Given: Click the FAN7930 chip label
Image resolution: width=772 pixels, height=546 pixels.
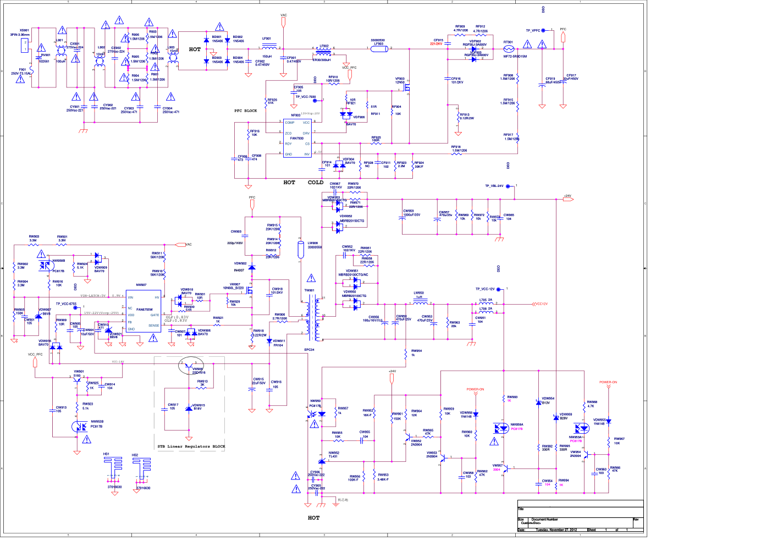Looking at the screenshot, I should tap(297, 139).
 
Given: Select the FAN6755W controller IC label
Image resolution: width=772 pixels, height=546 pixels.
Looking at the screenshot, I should tap(145, 310).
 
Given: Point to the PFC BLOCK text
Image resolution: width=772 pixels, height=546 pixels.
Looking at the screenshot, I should tap(246, 111).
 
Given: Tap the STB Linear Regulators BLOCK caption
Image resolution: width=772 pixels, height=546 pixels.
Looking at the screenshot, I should tap(191, 446).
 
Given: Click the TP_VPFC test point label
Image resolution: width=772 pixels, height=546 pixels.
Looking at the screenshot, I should tap(533, 31).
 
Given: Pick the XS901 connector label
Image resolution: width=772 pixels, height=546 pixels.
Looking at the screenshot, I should tap(24, 31).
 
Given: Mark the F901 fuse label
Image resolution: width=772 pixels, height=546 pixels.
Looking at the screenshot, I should tap(23, 70).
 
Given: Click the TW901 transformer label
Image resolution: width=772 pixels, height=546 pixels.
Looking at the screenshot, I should tap(310, 290).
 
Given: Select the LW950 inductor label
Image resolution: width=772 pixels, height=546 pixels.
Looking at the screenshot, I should tap(419, 293).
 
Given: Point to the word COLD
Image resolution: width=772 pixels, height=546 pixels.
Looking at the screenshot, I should tap(316, 183).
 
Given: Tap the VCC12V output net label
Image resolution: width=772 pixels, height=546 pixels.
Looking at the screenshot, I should tap(541, 304).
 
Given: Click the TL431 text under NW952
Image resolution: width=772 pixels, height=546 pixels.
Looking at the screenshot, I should tap(333, 456).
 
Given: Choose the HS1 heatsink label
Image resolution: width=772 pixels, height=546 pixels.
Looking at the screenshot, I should tap(107, 454).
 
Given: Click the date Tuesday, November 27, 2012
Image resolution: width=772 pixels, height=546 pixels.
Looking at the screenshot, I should tap(556, 530).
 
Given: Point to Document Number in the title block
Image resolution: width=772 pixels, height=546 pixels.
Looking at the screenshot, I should tap(545, 519).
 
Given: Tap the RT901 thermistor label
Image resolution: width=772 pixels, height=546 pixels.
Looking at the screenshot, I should tap(508, 42).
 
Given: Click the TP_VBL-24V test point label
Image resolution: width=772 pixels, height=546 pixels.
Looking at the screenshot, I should tap(494, 186).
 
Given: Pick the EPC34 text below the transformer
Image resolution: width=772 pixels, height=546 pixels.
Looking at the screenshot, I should tap(310, 350).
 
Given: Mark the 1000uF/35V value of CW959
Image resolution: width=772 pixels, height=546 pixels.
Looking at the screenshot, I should tap(412, 215).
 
